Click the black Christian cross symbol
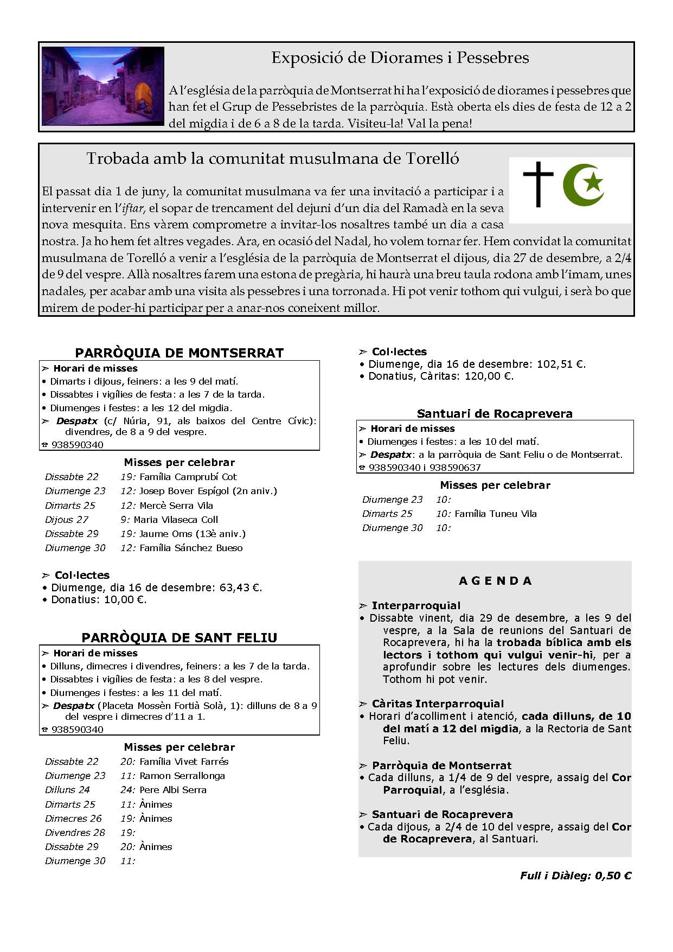pos(538,184)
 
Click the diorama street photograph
pos(102,86)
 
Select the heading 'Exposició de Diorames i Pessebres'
pos(400,57)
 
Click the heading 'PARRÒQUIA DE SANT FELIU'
pos(179,637)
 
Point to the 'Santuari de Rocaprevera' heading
pos(495,413)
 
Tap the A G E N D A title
pos(495,581)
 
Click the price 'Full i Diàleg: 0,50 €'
pos(575,876)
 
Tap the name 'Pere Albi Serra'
pos(173,790)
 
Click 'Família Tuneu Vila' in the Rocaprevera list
pos(496,514)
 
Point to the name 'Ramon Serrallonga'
pos(182,776)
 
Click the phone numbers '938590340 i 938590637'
pos(425,468)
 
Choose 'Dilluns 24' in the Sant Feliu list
pos(67,790)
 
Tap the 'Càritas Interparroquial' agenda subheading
pos(438,704)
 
